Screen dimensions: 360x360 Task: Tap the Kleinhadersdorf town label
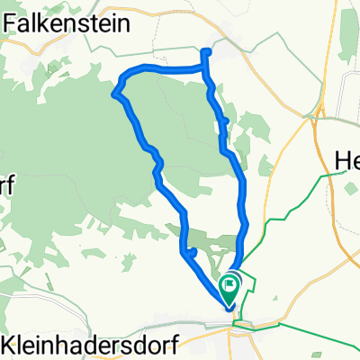[89, 344]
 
